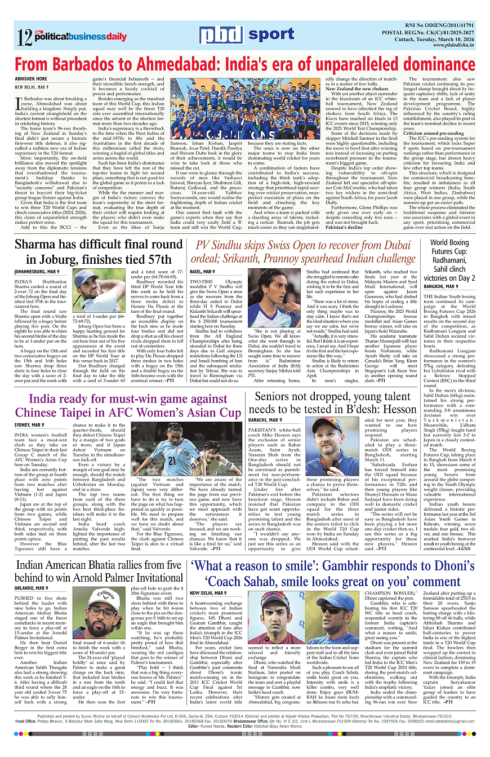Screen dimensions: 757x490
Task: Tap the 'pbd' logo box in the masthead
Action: tap(220, 35)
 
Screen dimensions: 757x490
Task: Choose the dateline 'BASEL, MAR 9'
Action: tap(202, 272)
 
